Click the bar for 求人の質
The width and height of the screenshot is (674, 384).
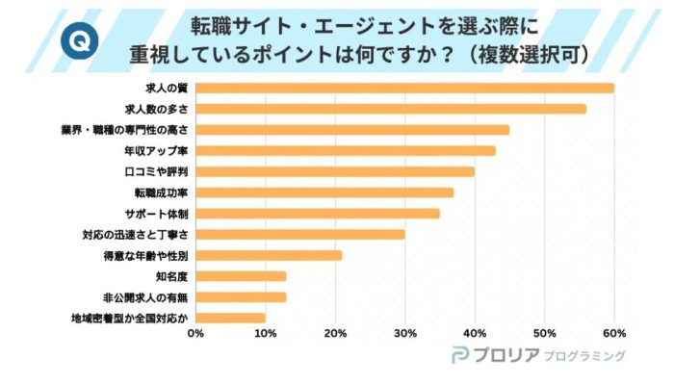point(404,89)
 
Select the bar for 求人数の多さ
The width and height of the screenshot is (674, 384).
point(390,109)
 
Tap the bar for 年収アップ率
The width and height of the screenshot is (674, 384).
point(346,150)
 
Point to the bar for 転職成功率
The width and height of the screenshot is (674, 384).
point(324,192)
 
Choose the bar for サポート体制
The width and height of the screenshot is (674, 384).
point(318,213)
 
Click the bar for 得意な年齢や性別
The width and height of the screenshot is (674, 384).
point(269,255)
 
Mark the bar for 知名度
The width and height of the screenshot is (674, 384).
point(241,276)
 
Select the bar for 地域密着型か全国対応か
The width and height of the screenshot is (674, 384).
point(231,318)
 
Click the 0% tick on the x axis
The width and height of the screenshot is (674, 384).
point(195,334)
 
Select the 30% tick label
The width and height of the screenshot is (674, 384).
point(404,334)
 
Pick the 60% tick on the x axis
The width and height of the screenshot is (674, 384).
point(614,334)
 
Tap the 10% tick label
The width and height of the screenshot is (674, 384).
point(265,334)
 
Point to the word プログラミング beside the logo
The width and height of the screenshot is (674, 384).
point(584,356)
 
